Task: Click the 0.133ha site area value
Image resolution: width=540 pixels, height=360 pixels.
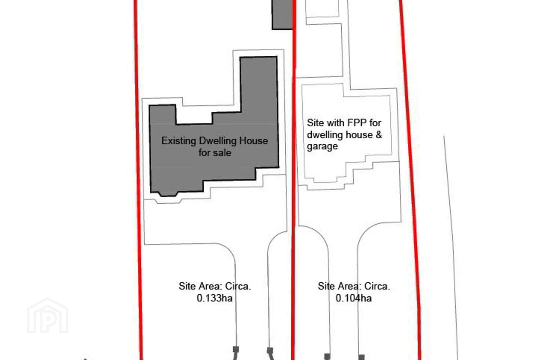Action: pyautogui.click(x=214, y=298)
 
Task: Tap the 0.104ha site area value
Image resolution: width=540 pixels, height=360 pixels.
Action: pyautogui.click(x=354, y=298)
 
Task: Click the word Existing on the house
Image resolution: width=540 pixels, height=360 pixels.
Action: pyautogui.click(x=178, y=141)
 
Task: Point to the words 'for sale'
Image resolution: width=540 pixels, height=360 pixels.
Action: pyautogui.click(x=215, y=153)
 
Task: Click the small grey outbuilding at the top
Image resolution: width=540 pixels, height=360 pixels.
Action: pyautogui.click(x=282, y=15)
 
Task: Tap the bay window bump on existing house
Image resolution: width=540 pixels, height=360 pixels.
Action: pyautogui.click(x=168, y=194)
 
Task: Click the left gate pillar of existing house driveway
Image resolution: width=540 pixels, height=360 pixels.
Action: pyautogui.click(x=236, y=349)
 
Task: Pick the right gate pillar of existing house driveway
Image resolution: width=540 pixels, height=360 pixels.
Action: pyautogui.click(x=270, y=350)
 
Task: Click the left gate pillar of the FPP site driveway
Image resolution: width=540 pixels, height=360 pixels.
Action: pyautogui.click(x=327, y=356)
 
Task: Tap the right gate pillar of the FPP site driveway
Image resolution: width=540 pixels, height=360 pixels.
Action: pyautogui.click(x=361, y=357)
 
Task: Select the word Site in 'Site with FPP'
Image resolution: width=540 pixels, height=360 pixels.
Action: pyautogui.click(x=315, y=123)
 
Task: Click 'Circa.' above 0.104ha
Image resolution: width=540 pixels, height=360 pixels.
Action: pyautogui.click(x=377, y=286)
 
